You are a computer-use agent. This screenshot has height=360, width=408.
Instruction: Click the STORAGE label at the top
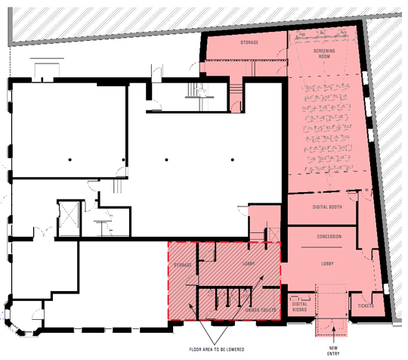(x=250, y=42)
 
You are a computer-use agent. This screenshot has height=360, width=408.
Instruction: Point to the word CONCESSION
(x=327, y=237)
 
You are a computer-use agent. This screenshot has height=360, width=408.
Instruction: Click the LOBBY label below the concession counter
(x=327, y=263)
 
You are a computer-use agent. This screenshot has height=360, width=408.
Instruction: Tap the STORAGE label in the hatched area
(x=181, y=265)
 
